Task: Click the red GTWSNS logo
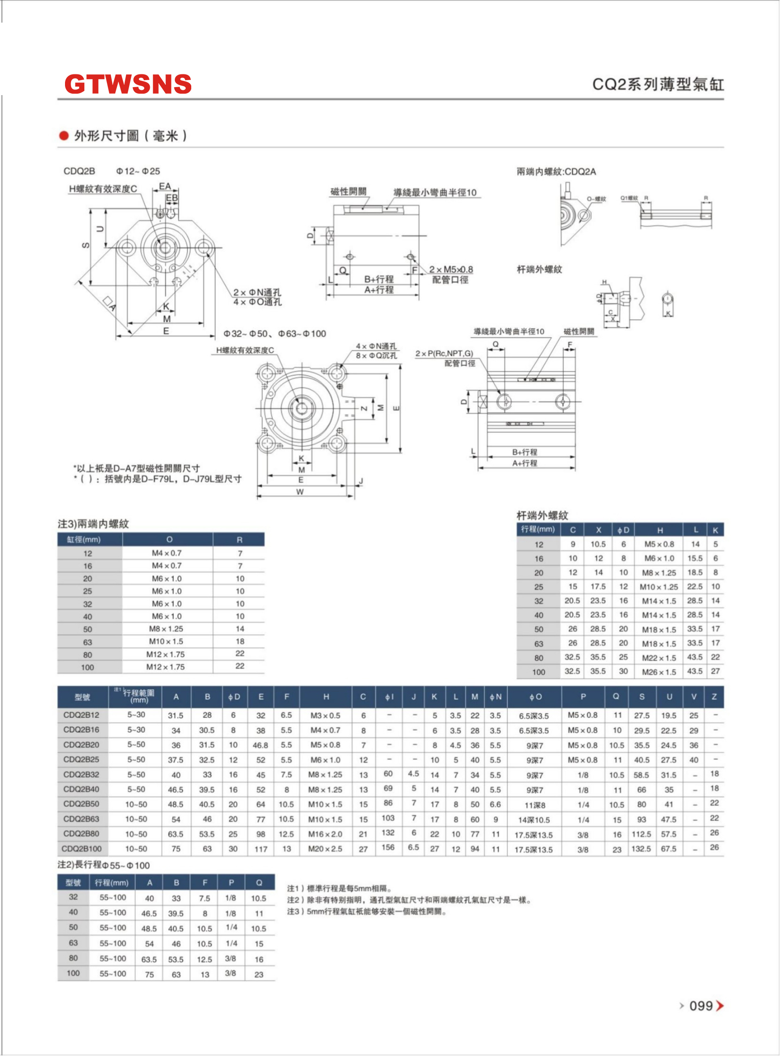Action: [x=128, y=84]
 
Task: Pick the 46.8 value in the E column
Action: [x=260, y=745]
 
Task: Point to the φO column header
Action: [x=535, y=697]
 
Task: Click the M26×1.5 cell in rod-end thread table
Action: [x=659, y=672]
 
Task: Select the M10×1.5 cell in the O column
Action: [x=165, y=642]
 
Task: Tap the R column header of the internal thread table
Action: [x=240, y=540]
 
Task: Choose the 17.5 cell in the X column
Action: [x=598, y=587]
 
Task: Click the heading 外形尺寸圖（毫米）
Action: [x=130, y=136]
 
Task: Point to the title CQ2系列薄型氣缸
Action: [x=658, y=85]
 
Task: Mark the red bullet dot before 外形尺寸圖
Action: [x=64, y=136]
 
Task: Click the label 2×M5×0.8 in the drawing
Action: [x=451, y=269]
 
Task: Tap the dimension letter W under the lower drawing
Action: [x=300, y=492]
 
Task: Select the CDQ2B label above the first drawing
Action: [x=80, y=171]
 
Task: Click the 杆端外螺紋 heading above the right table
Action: [x=542, y=515]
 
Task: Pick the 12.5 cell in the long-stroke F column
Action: [x=204, y=959]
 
